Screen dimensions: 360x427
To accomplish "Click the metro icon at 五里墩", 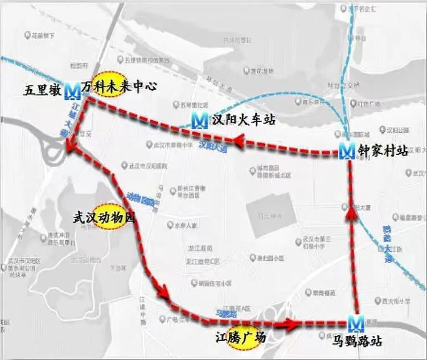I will (73, 91).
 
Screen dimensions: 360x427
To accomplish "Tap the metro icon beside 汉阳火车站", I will (199, 121).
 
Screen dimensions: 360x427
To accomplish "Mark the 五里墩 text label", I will (43, 91).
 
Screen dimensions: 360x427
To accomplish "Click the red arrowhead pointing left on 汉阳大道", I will (239, 141).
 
